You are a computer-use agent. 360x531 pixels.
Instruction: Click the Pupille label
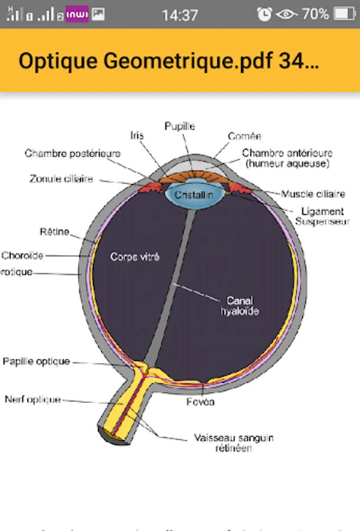[x=179, y=126]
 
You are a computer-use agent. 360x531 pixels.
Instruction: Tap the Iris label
[x=136, y=136]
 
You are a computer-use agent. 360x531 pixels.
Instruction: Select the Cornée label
[x=244, y=136]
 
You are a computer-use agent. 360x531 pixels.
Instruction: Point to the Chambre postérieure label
[x=73, y=153]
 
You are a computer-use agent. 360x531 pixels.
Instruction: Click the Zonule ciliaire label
[x=61, y=179]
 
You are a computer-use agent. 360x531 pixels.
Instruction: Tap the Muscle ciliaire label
[x=313, y=194]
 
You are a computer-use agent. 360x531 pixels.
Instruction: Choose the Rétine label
[x=54, y=232]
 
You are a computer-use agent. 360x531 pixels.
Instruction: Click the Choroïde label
[x=22, y=255]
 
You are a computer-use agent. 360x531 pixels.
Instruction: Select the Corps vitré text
[x=135, y=257]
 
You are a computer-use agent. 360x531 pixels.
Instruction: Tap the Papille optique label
[x=37, y=361]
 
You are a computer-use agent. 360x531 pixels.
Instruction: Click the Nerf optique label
[x=32, y=399]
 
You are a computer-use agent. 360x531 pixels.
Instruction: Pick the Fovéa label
[x=201, y=402]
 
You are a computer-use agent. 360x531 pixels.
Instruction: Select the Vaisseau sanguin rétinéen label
[x=233, y=442]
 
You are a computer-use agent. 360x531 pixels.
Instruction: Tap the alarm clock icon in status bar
[x=265, y=14]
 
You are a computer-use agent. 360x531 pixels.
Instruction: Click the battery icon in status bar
[x=344, y=14]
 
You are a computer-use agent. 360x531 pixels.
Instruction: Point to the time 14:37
[x=179, y=15]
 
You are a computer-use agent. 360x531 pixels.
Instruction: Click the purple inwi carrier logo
[x=77, y=15]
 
